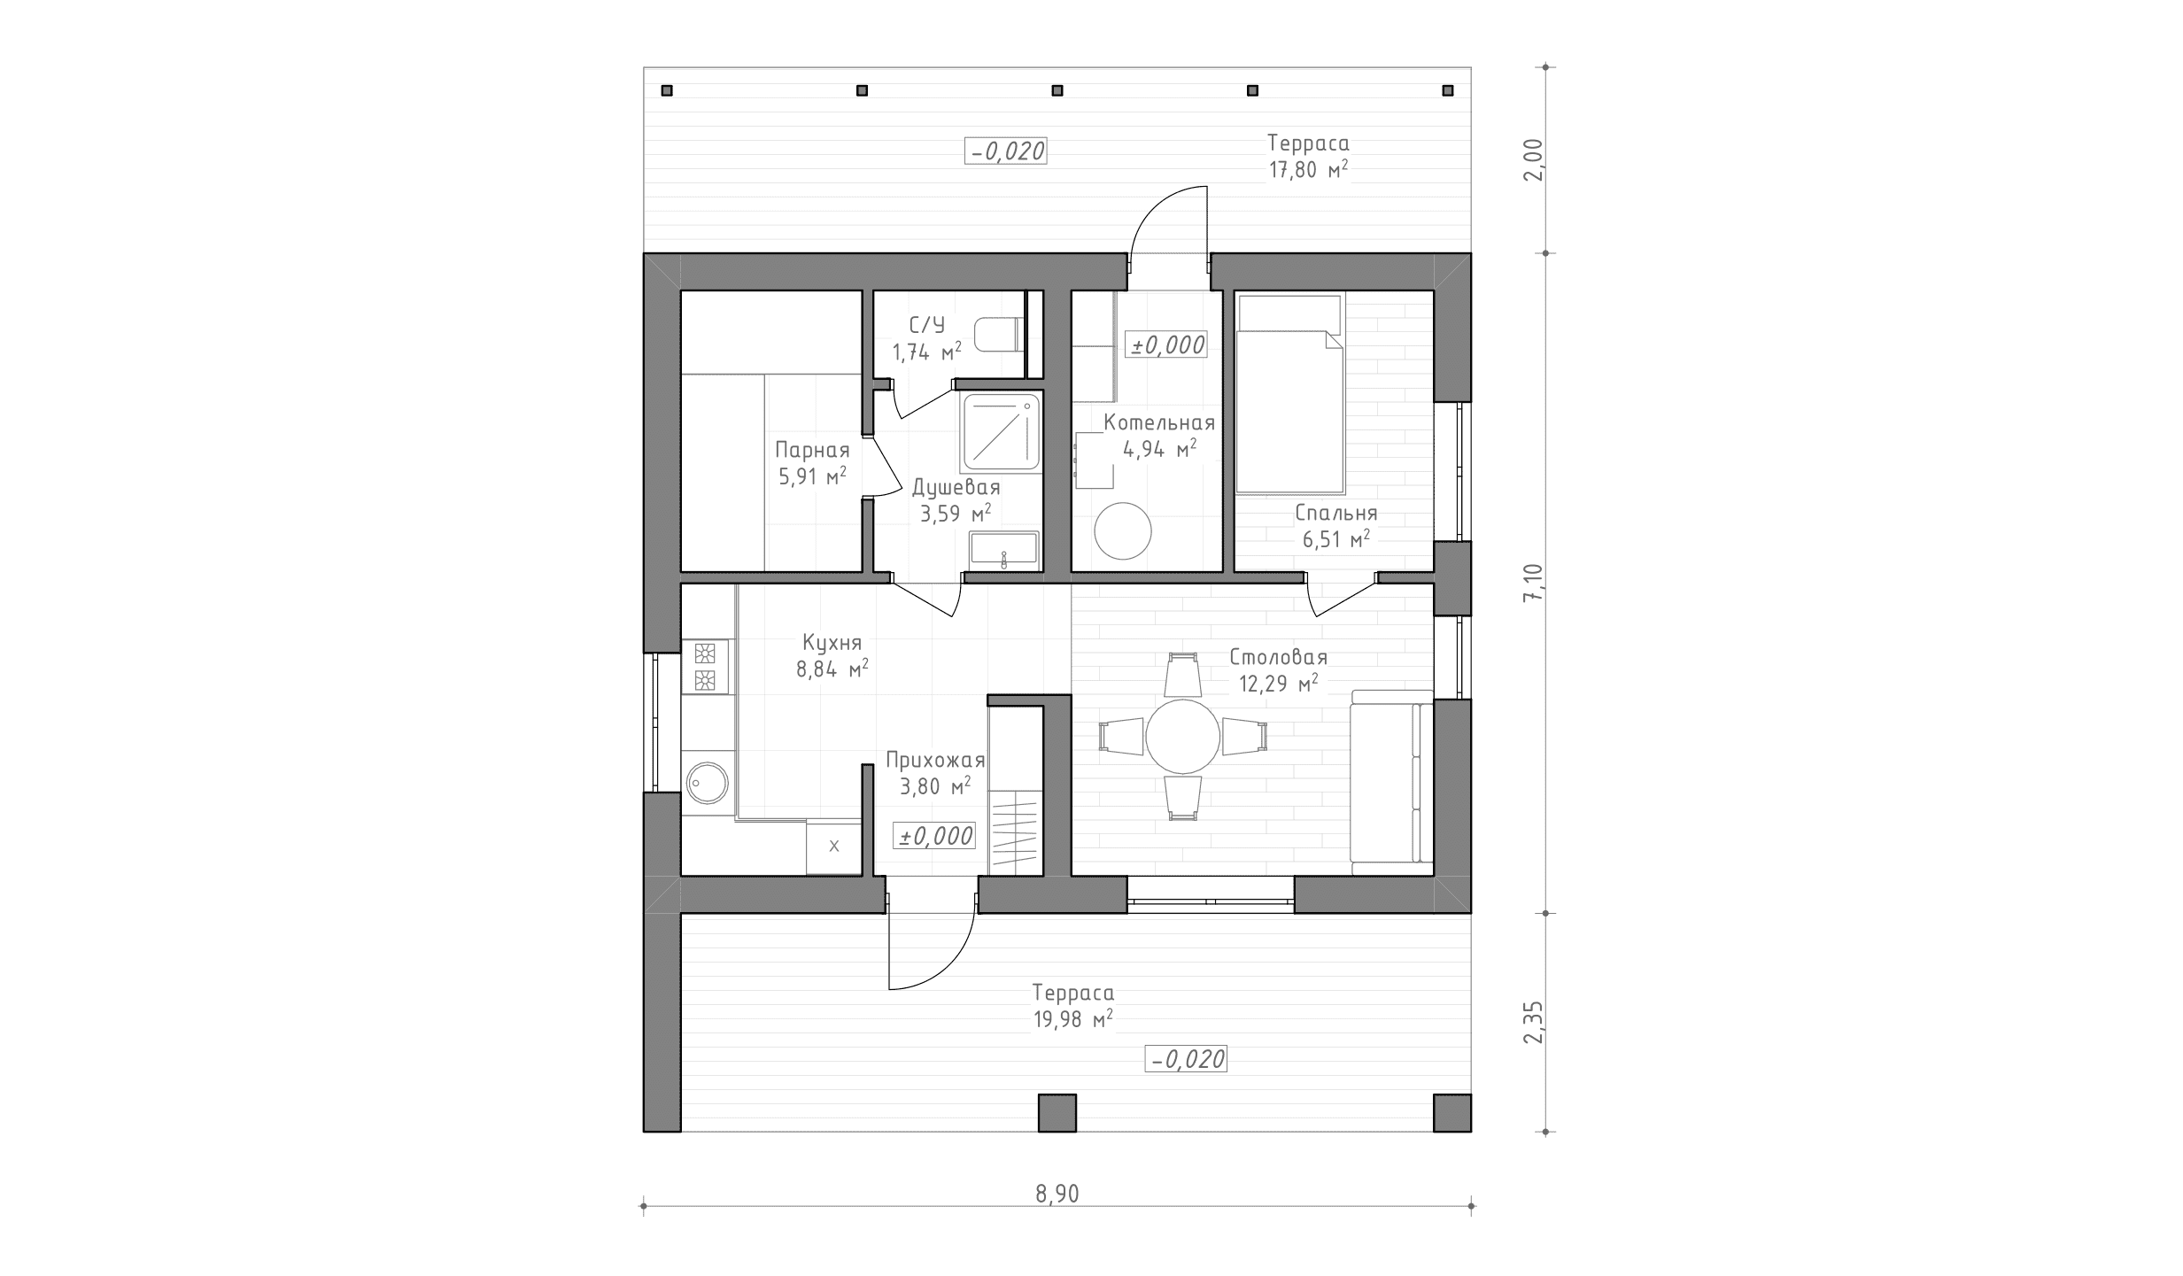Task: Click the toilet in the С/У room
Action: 999,335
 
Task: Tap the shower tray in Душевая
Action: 1001,433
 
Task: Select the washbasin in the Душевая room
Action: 1003,548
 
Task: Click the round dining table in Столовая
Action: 1182,736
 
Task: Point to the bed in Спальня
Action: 1290,394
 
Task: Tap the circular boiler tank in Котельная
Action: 1123,531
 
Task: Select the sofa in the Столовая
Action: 1391,777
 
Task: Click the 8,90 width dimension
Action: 1057,1195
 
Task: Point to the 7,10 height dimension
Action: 1533,583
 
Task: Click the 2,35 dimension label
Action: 1533,1023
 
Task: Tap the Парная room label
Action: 812,451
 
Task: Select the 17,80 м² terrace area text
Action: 1309,170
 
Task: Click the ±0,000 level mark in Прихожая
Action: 936,836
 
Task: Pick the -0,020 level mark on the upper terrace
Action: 1006,151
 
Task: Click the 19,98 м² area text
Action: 1072,1020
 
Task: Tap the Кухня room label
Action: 832,643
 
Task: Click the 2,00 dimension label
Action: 1533,160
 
